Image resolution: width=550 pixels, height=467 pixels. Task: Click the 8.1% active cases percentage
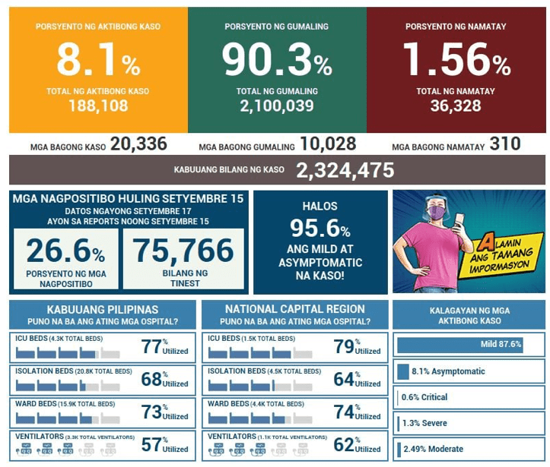click(97, 62)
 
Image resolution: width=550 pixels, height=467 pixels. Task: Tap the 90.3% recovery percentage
click(276, 62)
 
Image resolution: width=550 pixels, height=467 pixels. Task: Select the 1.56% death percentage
click(456, 62)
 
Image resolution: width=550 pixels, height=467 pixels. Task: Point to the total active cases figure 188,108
click(97, 106)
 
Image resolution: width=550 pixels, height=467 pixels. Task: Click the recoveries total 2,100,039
click(276, 106)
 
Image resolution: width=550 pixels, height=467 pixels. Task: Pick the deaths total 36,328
click(456, 106)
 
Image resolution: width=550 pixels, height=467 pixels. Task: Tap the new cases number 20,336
click(138, 144)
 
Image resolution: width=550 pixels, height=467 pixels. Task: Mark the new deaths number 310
click(506, 144)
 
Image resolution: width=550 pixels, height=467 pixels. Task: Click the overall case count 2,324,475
click(345, 170)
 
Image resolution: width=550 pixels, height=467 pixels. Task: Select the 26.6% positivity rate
click(66, 251)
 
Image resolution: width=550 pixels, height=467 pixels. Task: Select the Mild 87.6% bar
click(459, 345)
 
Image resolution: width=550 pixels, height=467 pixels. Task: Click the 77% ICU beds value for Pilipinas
click(152, 347)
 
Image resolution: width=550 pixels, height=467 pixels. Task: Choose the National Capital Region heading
click(294, 310)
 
